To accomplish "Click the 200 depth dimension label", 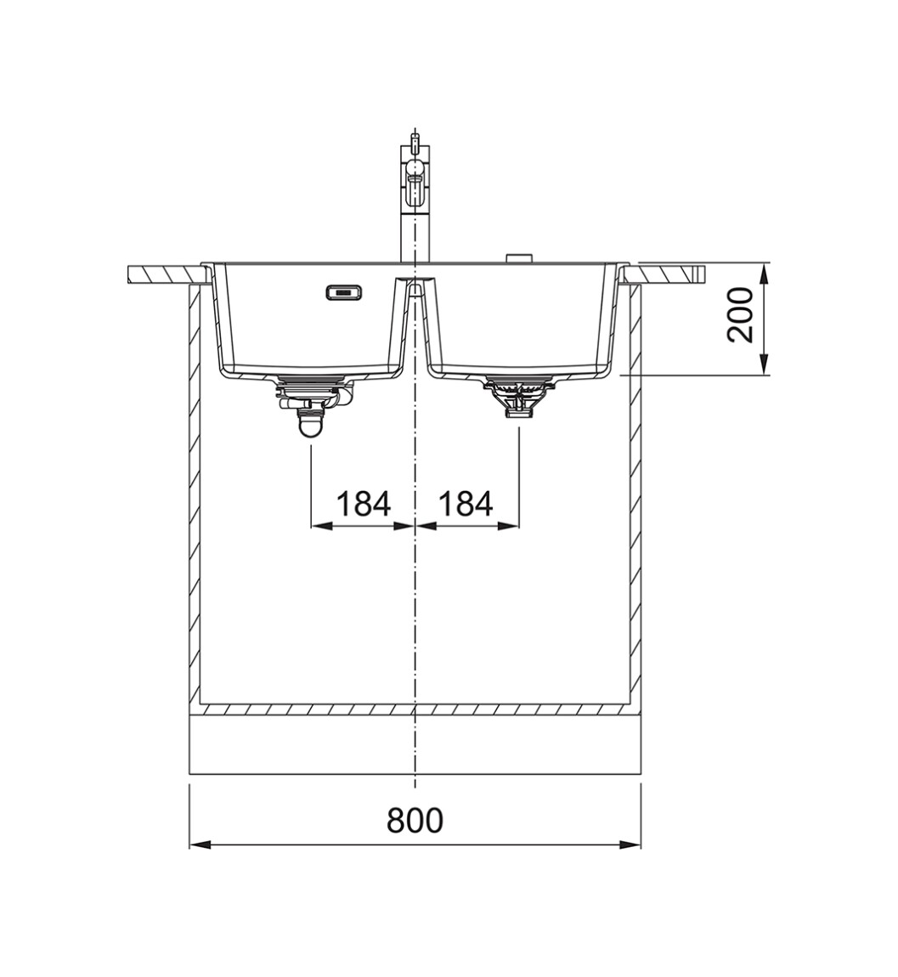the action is click(x=740, y=314).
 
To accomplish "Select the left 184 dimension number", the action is click(x=364, y=504).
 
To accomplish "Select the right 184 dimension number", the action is click(x=466, y=504).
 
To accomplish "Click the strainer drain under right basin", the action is click(x=518, y=396).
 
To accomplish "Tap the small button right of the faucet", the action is click(x=518, y=257).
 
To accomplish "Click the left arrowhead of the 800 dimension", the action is click(x=199, y=844).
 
